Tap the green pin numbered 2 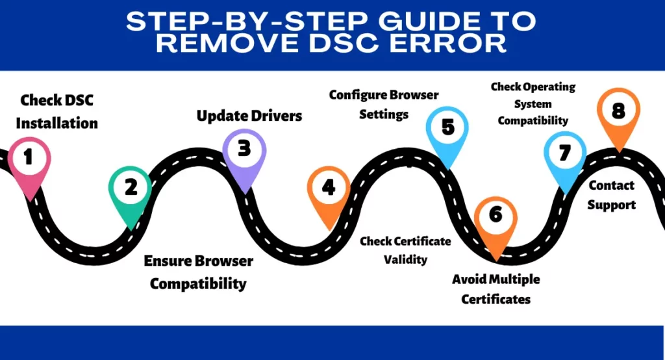pos(131,188)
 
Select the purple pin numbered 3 pos(244,150)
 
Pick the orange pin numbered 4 pos(329,188)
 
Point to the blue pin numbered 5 pos(448,127)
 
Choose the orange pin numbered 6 pos(496,216)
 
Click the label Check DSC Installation pos(56,111)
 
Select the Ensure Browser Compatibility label pos(198,272)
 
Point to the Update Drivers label pos(249,116)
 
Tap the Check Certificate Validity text pos(405,250)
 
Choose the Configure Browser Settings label pos(383,104)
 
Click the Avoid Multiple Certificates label pos(496,289)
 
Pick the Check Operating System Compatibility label pos(533,103)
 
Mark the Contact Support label pos(612,195)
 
